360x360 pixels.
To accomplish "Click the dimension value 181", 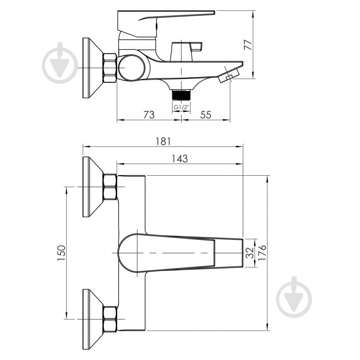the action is [163, 141].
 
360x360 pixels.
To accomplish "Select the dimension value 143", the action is [180, 159].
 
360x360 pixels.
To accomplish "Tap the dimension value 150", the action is [62, 253].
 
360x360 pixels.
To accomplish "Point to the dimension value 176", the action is [262, 253].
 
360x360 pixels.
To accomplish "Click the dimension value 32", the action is [250, 253].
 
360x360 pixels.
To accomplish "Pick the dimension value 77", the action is [248, 45].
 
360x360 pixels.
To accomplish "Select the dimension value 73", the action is [149, 114].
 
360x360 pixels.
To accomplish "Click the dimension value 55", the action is [205, 114].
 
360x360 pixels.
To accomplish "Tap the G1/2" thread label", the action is [181, 107].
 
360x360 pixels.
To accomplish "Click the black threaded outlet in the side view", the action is [181, 95].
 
